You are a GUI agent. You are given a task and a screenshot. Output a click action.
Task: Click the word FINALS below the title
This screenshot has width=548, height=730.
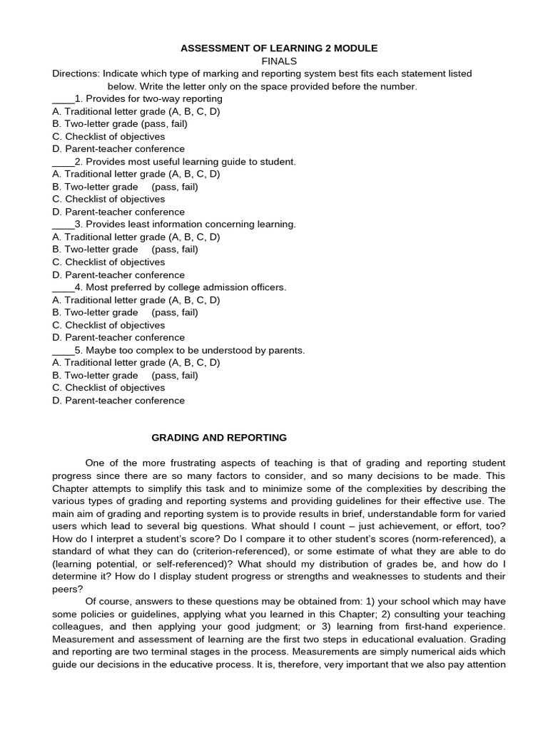tap(278, 61)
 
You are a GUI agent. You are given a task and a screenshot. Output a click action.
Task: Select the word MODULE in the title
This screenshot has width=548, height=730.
tap(351, 48)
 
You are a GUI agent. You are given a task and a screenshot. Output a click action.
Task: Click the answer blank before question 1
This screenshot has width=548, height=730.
tap(63, 99)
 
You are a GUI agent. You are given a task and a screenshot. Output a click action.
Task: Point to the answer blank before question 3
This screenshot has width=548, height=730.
tap(63, 225)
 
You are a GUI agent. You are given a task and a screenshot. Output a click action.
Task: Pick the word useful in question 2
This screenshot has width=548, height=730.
tap(184, 162)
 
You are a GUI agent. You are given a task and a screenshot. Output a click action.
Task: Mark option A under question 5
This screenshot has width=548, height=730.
tap(136, 362)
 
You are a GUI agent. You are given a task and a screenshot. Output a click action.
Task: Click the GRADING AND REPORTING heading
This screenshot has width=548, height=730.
tap(220, 437)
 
